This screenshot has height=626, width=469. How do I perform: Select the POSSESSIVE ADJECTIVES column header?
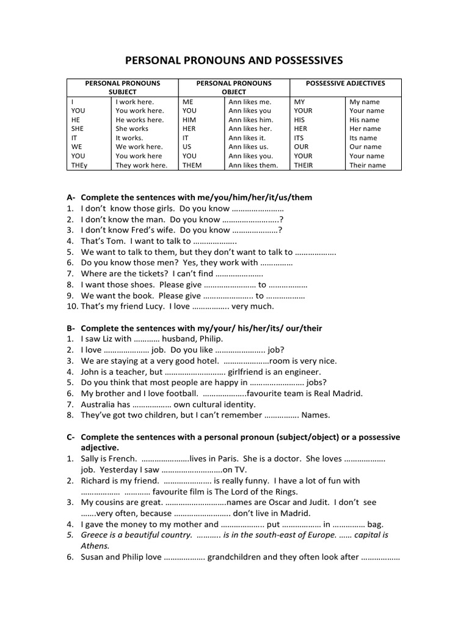(x=345, y=83)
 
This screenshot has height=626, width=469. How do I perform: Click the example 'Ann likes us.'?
(x=249, y=147)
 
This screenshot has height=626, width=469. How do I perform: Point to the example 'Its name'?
(x=363, y=138)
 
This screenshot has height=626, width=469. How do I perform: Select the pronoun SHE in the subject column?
(x=77, y=129)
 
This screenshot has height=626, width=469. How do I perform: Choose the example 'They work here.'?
(x=141, y=165)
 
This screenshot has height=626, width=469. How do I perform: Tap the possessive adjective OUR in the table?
(x=302, y=147)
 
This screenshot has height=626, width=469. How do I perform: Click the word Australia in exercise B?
(x=98, y=404)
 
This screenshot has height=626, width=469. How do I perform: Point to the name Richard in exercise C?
(x=96, y=481)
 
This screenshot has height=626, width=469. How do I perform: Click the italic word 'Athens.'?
(x=95, y=546)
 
